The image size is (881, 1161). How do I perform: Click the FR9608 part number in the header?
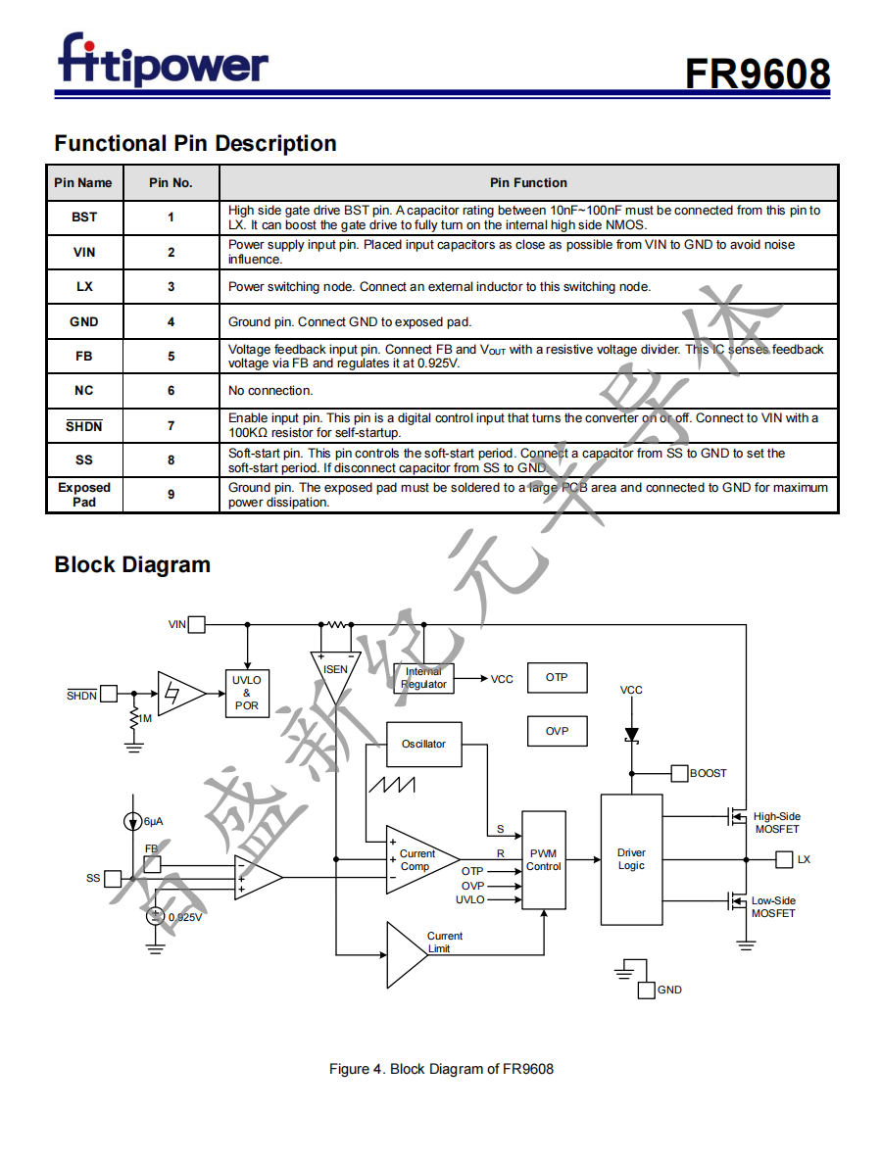pyautogui.click(x=757, y=73)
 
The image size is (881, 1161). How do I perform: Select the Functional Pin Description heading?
pyautogui.click(x=195, y=143)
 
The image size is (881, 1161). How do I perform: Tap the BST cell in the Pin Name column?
pyautogui.click(x=84, y=218)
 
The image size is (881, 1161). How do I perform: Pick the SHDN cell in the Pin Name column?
pyautogui.click(x=84, y=426)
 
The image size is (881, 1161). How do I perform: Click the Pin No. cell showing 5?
pyautogui.click(x=171, y=357)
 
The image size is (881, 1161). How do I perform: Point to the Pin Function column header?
pyautogui.click(x=528, y=182)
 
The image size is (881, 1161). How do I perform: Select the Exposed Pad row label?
pyautogui.click(x=84, y=495)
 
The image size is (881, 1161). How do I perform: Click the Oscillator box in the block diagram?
pyautogui.click(x=423, y=745)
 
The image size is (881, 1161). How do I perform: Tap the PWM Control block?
pyautogui.click(x=543, y=860)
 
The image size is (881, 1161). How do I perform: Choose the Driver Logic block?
pyautogui.click(x=631, y=859)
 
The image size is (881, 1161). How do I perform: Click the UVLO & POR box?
pyautogui.click(x=246, y=693)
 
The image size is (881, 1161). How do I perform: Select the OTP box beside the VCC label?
pyautogui.click(x=557, y=678)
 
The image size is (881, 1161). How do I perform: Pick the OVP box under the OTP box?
pyautogui.click(x=557, y=731)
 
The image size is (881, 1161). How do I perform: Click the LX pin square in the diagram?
pyautogui.click(x=784, y=859)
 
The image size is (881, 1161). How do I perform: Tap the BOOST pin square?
pyautogui.click(x=679, y=773)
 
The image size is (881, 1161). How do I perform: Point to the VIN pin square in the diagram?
pyautogui.click(x=197, y=624)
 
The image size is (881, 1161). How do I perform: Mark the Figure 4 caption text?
pyautogui.click(x=441, y=1069)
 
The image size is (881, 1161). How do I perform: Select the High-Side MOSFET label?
pyautogui.click(x=776, y=823)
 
